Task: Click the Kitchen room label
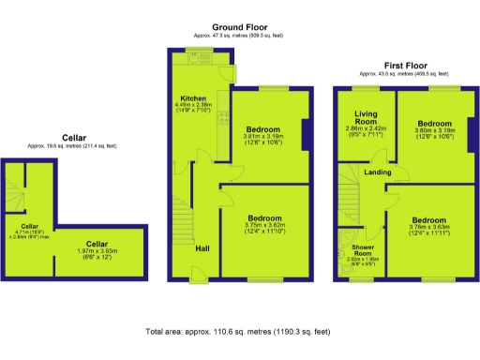tap(195, 97)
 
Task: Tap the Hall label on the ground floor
tap(202, 248)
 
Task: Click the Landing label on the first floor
tap(378, 173)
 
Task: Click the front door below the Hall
tap(199, 275)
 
